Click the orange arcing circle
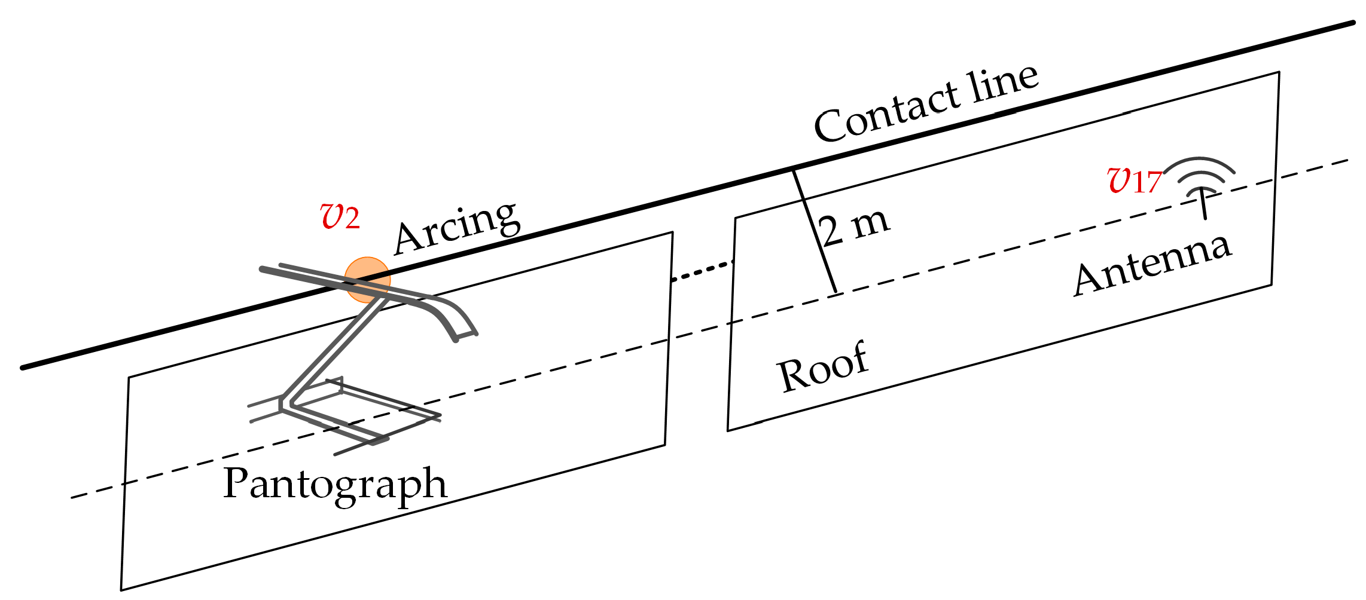click(367, 280)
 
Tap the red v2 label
click(340, 216)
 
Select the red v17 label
click(1134, 180)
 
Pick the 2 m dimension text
click(854, 227)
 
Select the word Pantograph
click(335, 484)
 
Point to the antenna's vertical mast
click(1204, 206)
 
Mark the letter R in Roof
click(793, 375)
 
